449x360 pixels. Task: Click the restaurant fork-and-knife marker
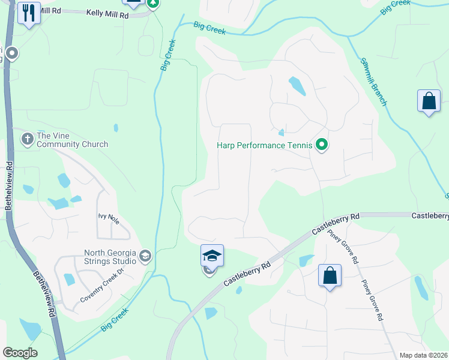(x=29, y=13)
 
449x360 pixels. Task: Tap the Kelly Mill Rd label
(x=107, y=12)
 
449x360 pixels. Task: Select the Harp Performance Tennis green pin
(x=322, y=145)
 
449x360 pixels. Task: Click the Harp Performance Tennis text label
(x=265, y=145)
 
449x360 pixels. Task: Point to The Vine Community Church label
(x=72, y=140)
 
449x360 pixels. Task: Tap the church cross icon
(x=27, y=139)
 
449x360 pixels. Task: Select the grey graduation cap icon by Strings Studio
(x=145, y=257)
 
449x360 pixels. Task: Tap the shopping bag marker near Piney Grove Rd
(x=330, y=276)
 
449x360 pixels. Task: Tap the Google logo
(x=20, y=353)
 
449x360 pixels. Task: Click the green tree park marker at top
(x=153, y=3)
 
